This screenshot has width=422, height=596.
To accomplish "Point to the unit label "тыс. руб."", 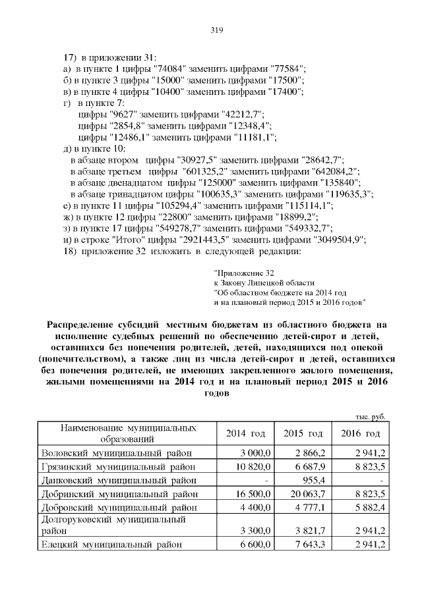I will (369, 416).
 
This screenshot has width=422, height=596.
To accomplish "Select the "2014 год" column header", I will (245, 433).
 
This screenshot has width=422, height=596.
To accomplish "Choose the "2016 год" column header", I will (360, 433).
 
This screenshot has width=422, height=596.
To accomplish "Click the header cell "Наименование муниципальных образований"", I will (128, 433).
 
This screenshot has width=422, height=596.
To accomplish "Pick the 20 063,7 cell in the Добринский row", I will (305, 494).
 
